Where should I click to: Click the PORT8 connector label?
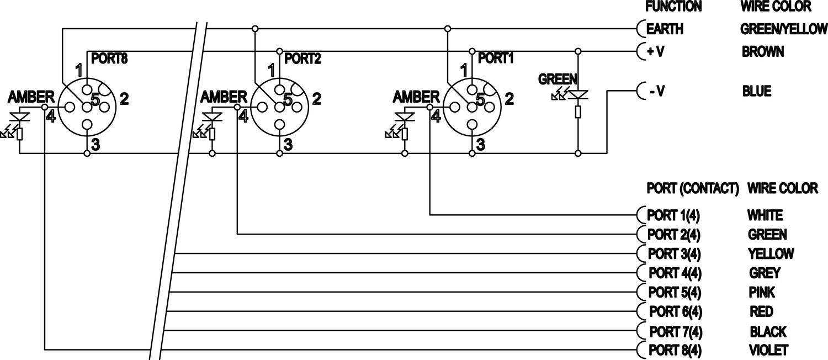[109, 58]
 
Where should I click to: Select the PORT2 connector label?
[302, 59]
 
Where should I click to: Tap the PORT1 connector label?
[495, 58]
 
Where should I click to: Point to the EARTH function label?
[665, 29]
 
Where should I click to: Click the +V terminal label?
[655, 52]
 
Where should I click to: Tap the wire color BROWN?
[763, 52]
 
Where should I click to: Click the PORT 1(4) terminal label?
[673, 215]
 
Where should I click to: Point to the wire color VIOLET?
[768, 350]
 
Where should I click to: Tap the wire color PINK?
[762, 292]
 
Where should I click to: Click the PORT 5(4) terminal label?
[674, 292]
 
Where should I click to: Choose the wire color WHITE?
[765, 215]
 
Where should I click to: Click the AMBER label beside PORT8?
[31, 98]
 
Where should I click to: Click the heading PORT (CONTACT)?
[692, 188]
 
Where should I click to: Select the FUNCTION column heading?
[673, 7]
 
